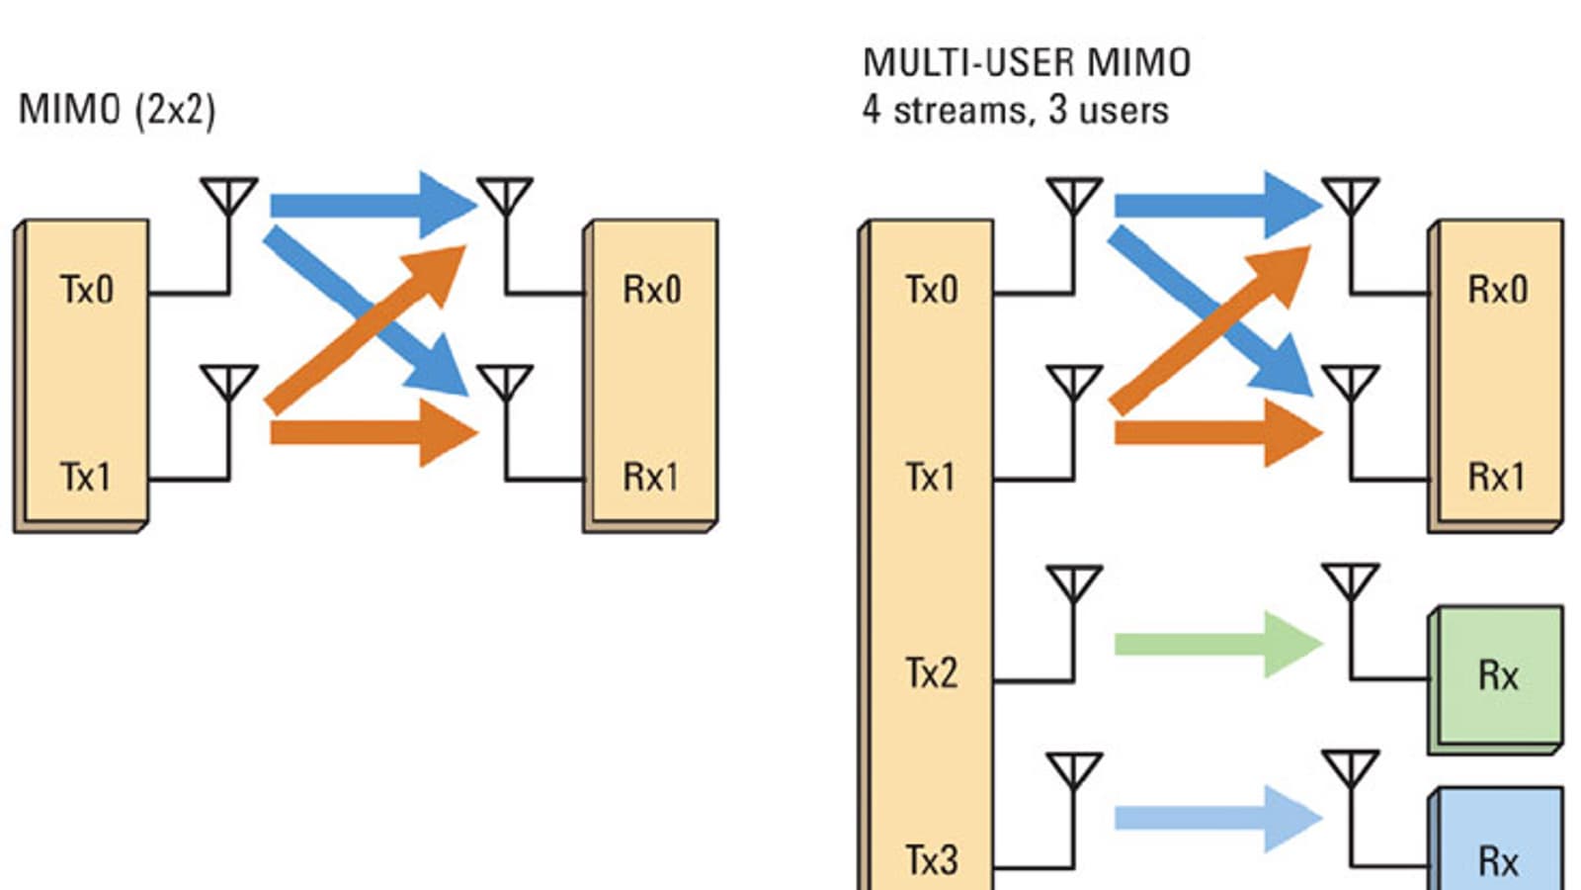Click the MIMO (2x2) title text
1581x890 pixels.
pyautogui.click(x=117, y=110)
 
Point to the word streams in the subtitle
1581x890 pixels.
pyautogui.click(x=963, y=110)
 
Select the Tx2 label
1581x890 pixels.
pyautogui.click(x=931, y=673)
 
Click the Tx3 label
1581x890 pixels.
pyautogui.click(x=931, y=860)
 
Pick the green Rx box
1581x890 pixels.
pyautogui.click(x=1498, y=676)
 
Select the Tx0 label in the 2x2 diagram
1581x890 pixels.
pyautogui.click(x=87, y=290)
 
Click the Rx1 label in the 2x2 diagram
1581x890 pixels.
pyautogui.click(x=650, y=478)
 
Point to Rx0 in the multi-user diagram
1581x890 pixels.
pyautogui.click(x=1497, y=290)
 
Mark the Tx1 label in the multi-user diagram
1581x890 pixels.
pyautogui.click(x=931, y=478)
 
